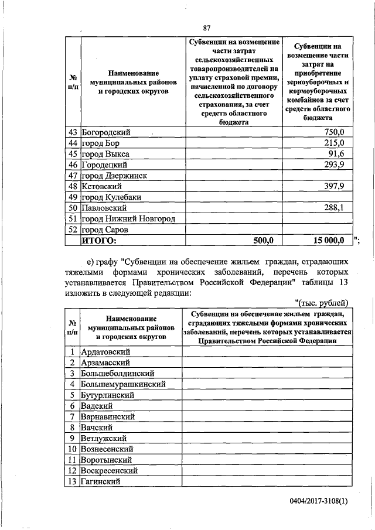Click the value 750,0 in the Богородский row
(334, 133)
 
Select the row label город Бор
(100, 143)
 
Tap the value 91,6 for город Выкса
(337, 154)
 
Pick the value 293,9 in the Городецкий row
(334, 165)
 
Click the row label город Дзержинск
(114, 176)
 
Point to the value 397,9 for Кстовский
(334, 186)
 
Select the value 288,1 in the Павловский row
(334, 207)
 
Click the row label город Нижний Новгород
(128, 218)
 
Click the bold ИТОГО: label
(99, 240)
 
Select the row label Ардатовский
(105, 351)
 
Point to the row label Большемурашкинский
(123, 384)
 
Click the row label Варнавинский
(108, 416)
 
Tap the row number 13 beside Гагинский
(71, 481)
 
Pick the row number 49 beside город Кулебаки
(73, 197)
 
